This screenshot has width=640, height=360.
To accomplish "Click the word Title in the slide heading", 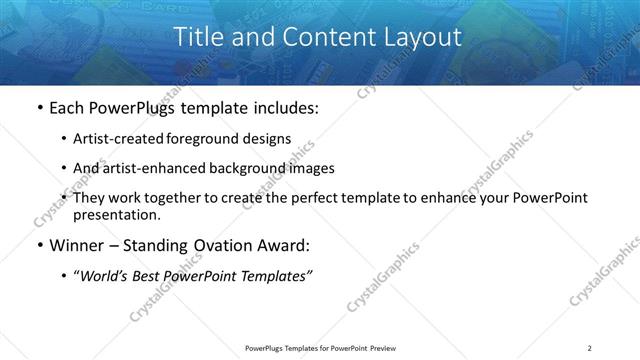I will pos(199,38).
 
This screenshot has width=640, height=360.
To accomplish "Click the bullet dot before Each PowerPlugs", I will pos(38,107).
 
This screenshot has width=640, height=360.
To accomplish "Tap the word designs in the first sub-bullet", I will pos(271,139).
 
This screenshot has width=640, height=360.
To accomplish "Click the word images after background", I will pos(309,168).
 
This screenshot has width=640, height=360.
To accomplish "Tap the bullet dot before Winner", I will pos(38,245).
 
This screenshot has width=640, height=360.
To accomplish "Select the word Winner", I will pos(77,245).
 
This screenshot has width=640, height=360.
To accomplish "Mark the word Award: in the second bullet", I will pos(282,245).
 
